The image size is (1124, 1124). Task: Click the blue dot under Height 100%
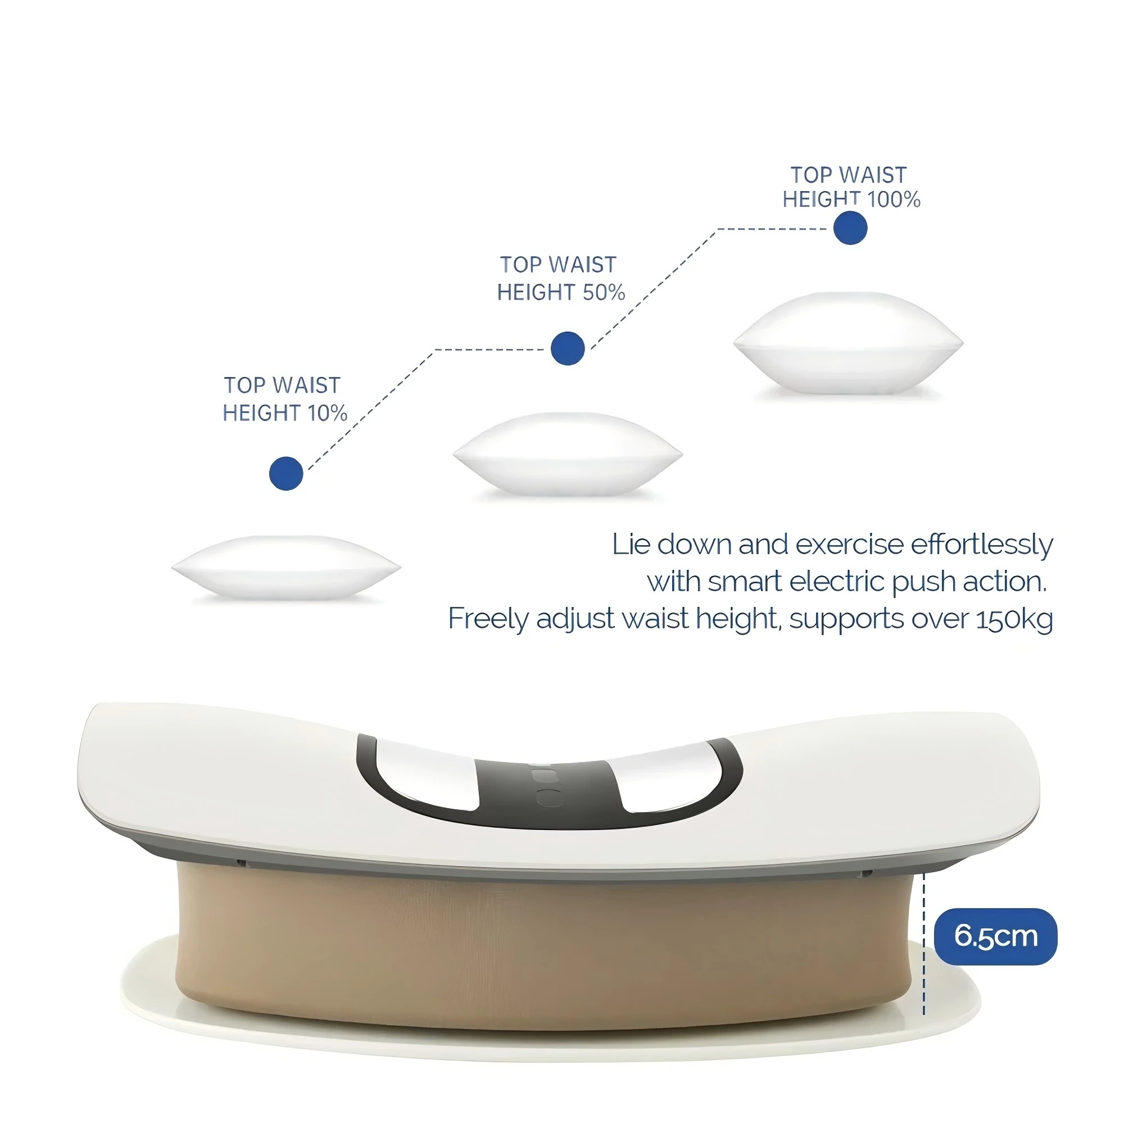click(850, 228)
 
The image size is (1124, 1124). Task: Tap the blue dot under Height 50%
click(567, 348)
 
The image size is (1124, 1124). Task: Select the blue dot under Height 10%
click(286, 473)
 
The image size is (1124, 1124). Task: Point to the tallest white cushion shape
click(847, 343)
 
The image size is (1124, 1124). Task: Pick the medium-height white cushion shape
click(567, 454)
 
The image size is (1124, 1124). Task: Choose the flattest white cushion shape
click(285, 566)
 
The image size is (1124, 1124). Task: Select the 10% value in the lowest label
click(328, 413)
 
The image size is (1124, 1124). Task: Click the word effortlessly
click(981, 545)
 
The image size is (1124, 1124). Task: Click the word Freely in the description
click(487, 619)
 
